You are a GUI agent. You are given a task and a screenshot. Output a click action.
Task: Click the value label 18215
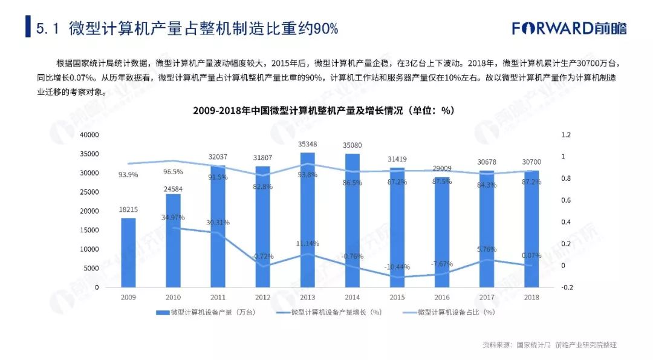(x=128, y=209)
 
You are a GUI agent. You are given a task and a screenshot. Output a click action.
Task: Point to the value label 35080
(x=352, y=145)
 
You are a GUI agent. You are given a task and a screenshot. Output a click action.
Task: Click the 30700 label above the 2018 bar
(x=531, y=162)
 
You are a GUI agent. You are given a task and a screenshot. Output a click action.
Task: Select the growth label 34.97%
(x=173, y=217)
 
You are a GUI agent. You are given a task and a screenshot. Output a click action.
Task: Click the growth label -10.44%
(x=397, y=267)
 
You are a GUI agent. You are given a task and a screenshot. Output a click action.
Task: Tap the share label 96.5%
(x=173, y=172)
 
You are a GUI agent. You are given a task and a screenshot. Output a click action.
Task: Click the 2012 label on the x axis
(x=262, y=298)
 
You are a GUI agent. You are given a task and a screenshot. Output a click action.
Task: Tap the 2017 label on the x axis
(x=486, y=298)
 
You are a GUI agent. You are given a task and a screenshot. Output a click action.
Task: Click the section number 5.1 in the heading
(x=47, y=28)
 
